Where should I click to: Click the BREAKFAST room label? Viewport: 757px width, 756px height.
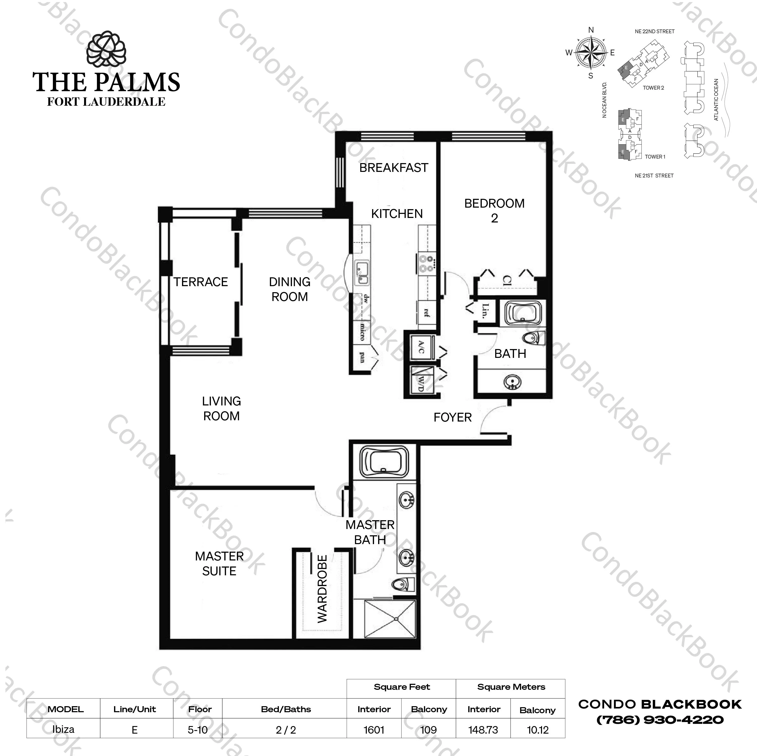pos(393,168)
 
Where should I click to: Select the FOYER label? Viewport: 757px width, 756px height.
pos(453,417)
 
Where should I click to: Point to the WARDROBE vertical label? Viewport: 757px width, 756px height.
pos(322,588)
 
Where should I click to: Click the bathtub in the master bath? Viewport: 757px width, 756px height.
pos(384,463)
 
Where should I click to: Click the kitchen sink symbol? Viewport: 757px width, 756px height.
pos(362,273)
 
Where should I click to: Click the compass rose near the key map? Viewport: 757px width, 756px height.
pos(591,53)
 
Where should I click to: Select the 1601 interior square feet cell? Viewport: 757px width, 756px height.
pos(374,730)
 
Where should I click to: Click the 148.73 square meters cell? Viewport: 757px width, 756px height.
pos(483,730)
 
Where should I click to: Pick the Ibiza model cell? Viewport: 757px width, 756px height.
pos(63,729)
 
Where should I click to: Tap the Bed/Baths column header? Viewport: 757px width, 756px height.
pos(286,709)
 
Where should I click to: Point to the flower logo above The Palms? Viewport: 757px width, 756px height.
pos(106,50)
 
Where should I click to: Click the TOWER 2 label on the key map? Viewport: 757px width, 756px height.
pos(653,88)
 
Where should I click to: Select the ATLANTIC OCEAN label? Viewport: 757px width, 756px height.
pos(716,99)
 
